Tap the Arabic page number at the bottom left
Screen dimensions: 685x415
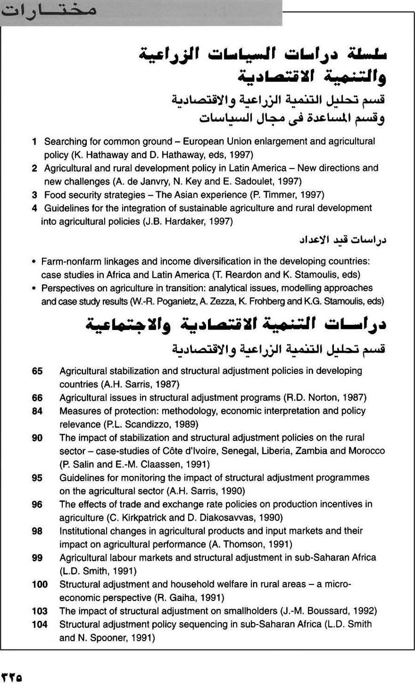12,677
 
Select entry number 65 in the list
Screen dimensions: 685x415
37,371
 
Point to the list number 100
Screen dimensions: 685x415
40,585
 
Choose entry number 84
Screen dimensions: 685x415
37,411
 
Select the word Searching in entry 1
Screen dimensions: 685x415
65,141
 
